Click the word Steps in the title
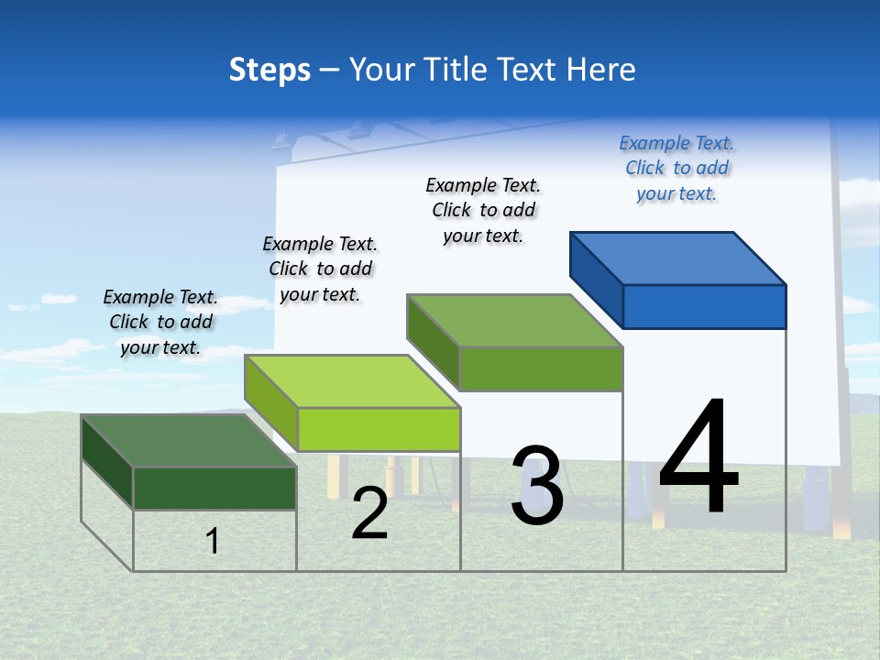[269, 70]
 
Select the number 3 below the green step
[537, 486]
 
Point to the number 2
[369, 513]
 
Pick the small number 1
[213, 541]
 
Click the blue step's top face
[678, 258]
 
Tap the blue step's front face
[704, 306]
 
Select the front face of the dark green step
[214, 488]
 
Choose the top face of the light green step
[352, 380]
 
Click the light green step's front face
[378, 429]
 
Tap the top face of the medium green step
[515, 320]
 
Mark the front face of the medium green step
[541, 368]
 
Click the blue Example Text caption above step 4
[676, 168]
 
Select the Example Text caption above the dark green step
[160, 322]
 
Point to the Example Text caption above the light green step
[320, 269]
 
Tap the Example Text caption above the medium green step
[483, 210]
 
